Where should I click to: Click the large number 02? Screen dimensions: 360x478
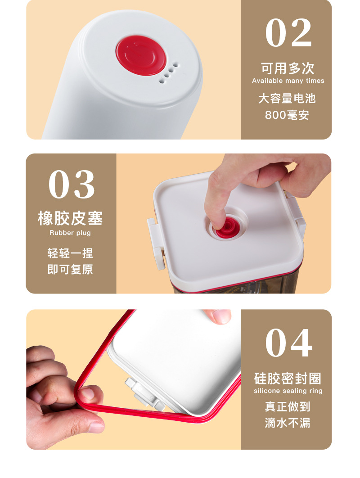pos(288,32)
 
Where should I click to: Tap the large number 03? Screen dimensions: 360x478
pos(72,185)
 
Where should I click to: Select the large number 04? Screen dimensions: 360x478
pos(288,343)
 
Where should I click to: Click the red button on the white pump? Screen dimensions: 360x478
pos(141,55)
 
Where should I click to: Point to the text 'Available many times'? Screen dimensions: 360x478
pos(288,81)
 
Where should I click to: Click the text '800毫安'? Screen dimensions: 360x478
pos(287,115)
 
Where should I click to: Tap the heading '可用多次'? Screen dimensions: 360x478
pos(287,68)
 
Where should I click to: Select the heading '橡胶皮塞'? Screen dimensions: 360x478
pos(70,218)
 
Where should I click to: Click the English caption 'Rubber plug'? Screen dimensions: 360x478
pos(70,233)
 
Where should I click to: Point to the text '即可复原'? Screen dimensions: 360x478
pos(70,270)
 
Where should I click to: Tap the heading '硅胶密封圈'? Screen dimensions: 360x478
pos(288,379)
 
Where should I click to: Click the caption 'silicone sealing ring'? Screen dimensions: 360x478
pos(288,391)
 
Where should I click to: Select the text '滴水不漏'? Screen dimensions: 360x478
pos(287,423)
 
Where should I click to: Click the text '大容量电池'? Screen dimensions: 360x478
pos(287,99)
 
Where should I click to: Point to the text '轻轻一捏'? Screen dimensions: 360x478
pos(70,253)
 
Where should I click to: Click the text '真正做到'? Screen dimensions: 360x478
pos(287,407)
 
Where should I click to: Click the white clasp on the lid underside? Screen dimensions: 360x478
pos(143,393)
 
